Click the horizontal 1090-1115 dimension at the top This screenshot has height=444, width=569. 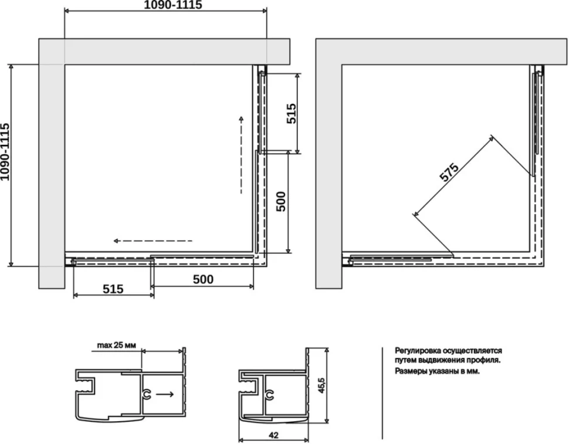(172, 5)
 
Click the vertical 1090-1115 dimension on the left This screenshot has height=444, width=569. (5, 152)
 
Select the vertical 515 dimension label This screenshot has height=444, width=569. (292, 114)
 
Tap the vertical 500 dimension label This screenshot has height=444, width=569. (281, 202)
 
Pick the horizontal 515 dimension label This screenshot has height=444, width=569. (113, 289)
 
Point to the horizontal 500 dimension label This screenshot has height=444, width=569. (203, 279)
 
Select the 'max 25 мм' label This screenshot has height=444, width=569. (117, 345)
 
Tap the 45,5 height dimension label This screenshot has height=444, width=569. (321, 385)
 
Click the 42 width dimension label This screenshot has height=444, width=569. (273, 435)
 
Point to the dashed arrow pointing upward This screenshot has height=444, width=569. (241, 155)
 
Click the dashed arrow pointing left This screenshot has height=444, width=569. (153, 241)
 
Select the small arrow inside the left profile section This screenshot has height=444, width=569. (165, 394)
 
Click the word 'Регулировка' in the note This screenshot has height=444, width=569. (418, 351)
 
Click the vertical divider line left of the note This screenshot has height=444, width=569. (382, 393)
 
